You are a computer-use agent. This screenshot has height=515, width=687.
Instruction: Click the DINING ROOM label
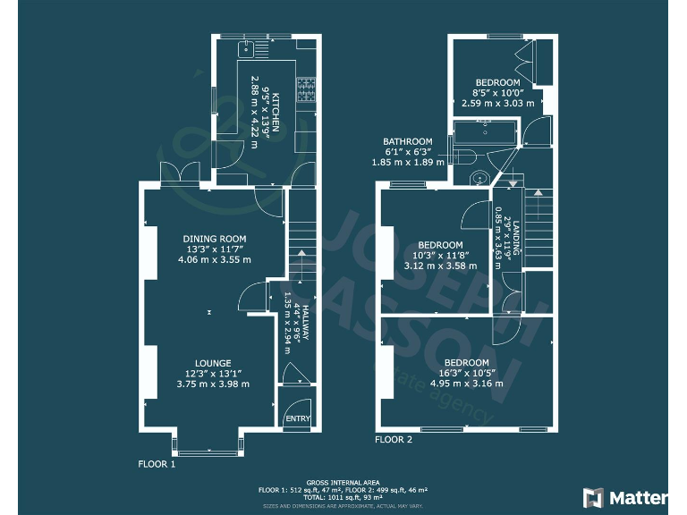coord(214,239)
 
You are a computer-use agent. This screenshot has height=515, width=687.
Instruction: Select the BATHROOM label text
coord(408,141)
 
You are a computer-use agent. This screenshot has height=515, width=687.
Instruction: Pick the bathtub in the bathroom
coord(484,135)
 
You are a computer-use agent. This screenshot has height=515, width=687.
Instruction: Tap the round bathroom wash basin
coord(482,177)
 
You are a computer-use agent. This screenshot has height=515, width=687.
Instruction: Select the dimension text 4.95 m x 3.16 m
coord(466,384)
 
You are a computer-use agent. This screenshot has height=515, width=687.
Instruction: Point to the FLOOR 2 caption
coord(394,439)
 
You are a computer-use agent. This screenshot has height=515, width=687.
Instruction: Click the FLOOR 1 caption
coord(157,464)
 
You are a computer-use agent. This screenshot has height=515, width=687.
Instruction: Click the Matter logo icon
coord(593,497)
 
